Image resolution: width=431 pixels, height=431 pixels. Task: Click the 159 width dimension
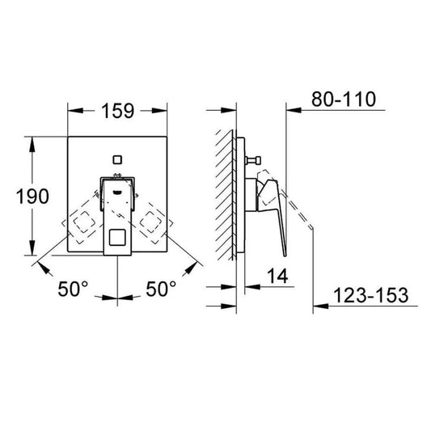117,111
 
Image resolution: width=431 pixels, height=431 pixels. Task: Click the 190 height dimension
32,196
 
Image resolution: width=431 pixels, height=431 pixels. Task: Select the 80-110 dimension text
344,99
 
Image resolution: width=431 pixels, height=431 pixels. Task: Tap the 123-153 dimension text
371,295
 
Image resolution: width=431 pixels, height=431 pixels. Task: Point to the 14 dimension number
277,276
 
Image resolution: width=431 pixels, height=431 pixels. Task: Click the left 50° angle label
73,289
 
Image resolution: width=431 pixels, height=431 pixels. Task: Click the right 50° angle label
161,289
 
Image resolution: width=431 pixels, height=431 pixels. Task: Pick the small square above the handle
117,159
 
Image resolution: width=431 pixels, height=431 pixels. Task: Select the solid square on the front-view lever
117,238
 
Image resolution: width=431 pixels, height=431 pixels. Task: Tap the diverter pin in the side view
253,159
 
